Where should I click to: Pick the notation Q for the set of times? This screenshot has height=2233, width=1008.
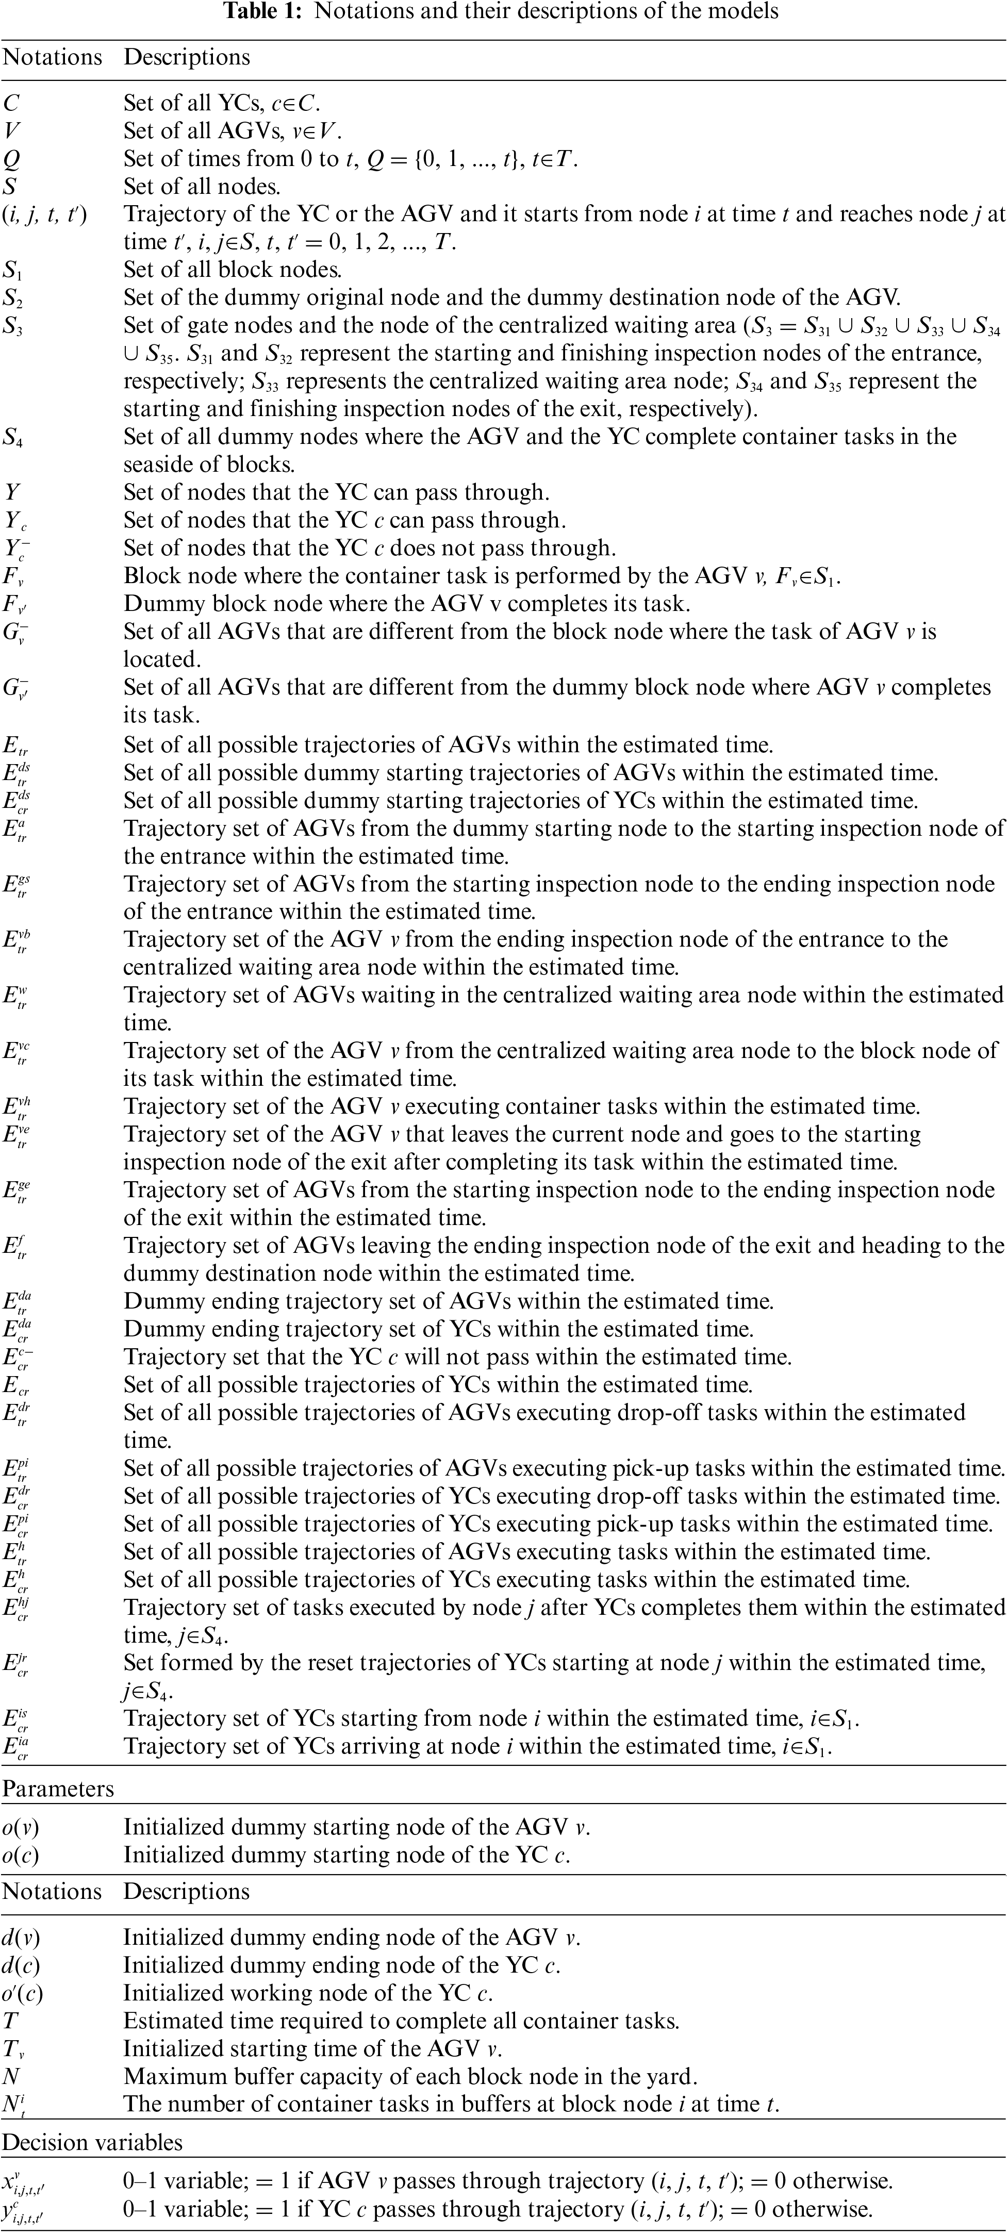(x=11, y=159)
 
